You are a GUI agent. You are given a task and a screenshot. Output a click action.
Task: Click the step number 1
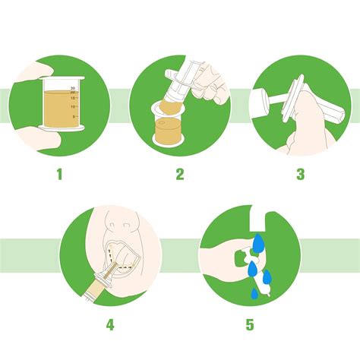(58, 174)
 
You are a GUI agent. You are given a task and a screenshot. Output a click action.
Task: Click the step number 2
(180, 174)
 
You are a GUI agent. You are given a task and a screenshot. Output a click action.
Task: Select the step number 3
(300, 174)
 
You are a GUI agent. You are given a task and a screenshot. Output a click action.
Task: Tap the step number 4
(110, 324)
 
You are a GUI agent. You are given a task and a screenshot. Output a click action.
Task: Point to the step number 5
(249, 324)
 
